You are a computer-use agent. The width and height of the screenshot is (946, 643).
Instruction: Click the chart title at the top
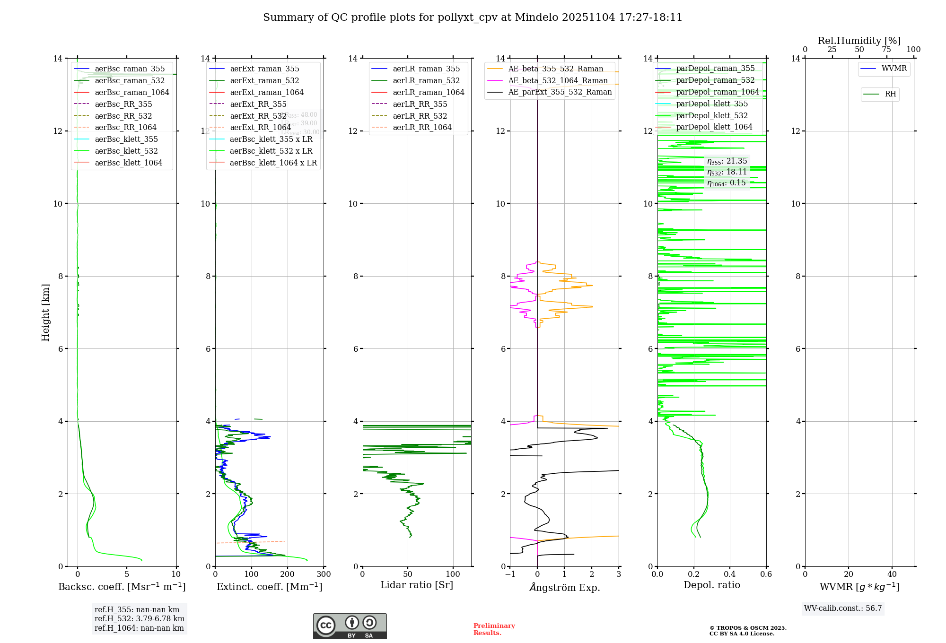pos(473,17)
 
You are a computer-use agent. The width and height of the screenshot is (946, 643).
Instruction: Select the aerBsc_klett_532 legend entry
pos(126,151)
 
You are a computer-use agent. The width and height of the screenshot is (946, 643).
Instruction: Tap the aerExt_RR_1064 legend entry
pos(260,127)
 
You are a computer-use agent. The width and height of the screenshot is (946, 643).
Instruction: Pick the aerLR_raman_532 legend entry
pos(426,80)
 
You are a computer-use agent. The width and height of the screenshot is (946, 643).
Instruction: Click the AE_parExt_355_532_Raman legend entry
pos(560,92)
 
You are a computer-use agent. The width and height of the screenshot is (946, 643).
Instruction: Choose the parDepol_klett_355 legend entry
pos(712,104)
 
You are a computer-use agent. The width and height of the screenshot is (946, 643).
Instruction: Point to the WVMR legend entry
pos(894,69)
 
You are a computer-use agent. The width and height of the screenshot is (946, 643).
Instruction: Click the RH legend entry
pos(890,94)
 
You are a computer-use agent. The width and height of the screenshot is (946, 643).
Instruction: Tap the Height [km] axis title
pos(45,312)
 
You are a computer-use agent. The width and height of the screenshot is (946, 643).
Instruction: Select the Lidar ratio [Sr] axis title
pos(417,585)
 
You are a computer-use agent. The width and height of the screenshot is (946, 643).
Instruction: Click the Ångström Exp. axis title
pos(564,587)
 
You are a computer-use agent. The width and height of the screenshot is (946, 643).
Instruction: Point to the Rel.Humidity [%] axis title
pos(859,41)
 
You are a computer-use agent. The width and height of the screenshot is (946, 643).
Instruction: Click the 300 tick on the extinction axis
pos(324,574)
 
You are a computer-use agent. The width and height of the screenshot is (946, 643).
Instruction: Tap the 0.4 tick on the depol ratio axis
pos(730,574)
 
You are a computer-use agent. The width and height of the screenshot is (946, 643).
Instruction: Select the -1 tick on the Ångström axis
pos(510,574)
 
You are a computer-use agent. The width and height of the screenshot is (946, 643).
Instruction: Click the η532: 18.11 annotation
pos(727,172)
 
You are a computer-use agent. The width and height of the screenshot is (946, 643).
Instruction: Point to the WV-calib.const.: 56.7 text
pos(843,608)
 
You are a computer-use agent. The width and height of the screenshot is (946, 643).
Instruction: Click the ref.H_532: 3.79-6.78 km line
pos(140,618)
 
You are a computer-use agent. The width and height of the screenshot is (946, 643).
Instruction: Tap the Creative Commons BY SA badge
pos(350,626)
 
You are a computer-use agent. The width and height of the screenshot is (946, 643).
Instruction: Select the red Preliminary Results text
pos(494,629)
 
